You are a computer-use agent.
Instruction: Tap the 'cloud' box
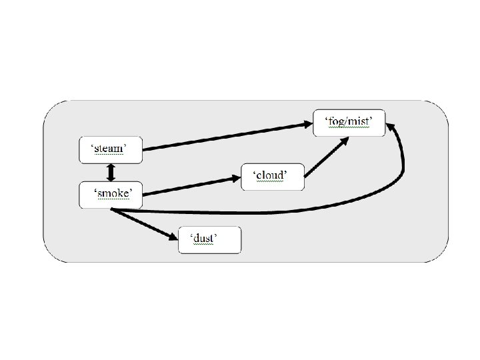pos(272,177)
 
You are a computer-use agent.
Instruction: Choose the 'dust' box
pos(209,240)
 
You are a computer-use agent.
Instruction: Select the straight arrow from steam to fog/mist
pos(227,135)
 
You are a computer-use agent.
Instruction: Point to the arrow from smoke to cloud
pos(190,186)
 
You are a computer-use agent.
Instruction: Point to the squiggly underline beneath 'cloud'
pos(269,182)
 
